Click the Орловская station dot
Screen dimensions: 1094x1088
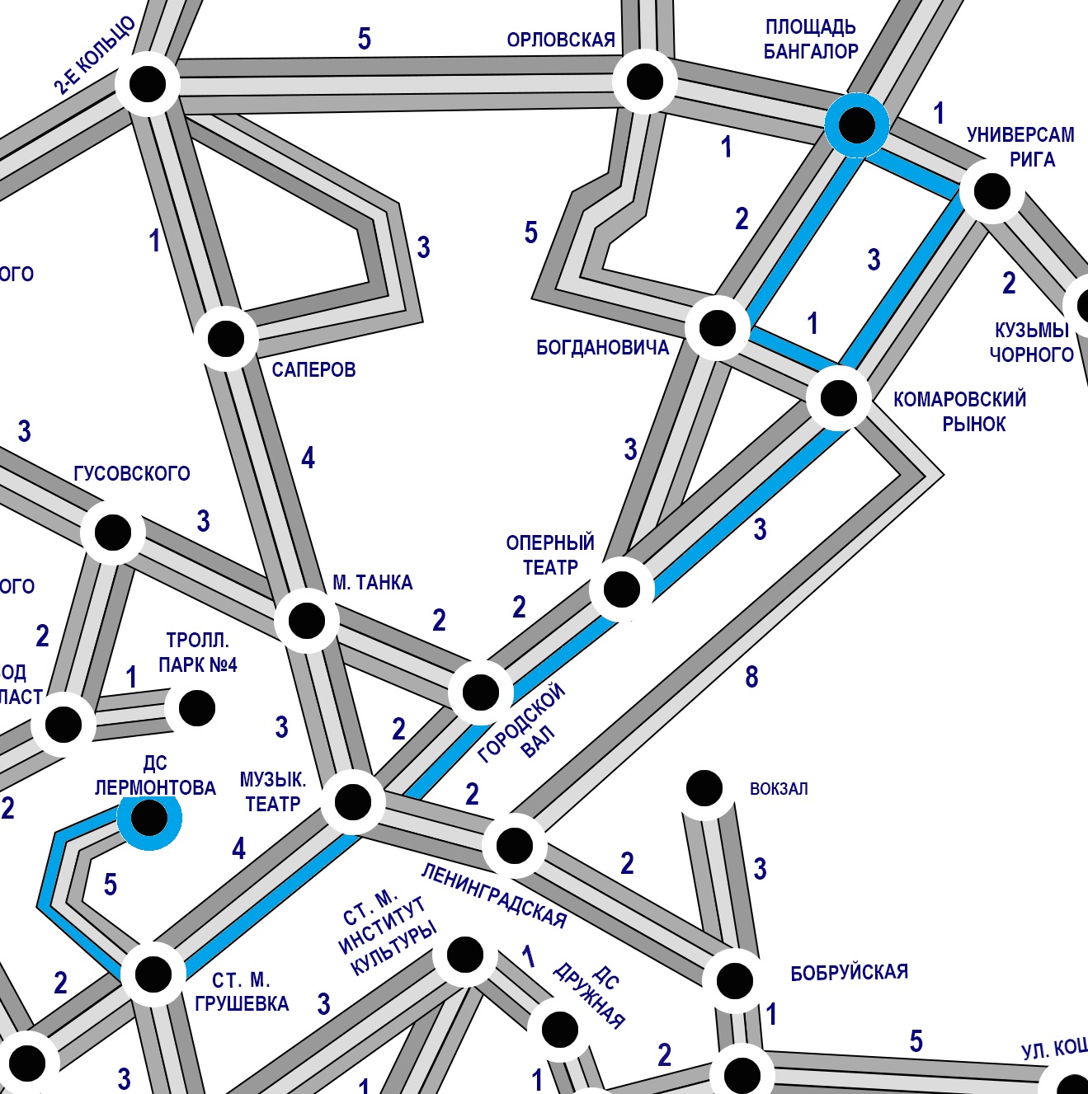644,82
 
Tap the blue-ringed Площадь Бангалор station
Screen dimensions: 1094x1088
857,125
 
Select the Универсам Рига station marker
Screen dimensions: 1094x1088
991,191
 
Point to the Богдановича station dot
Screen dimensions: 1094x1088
717,327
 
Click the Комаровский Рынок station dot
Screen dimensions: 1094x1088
838,398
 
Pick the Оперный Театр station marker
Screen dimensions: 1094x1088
621,589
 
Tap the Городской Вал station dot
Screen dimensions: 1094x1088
480,692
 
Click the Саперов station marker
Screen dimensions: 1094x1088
226,338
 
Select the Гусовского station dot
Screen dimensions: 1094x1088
113,532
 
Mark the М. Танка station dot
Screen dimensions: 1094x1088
306,620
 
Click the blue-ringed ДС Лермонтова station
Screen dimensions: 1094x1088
148,818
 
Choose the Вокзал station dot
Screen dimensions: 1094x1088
704,789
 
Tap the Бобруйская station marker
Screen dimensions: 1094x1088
734,980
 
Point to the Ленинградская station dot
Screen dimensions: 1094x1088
514,845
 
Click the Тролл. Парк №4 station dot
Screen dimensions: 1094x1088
196,707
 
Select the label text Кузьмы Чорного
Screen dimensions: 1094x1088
1031,342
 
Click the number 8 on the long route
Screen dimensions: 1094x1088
751,677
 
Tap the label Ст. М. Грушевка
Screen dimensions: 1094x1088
242,992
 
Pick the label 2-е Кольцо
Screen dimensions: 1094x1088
95,55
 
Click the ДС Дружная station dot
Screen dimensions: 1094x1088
559,1028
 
